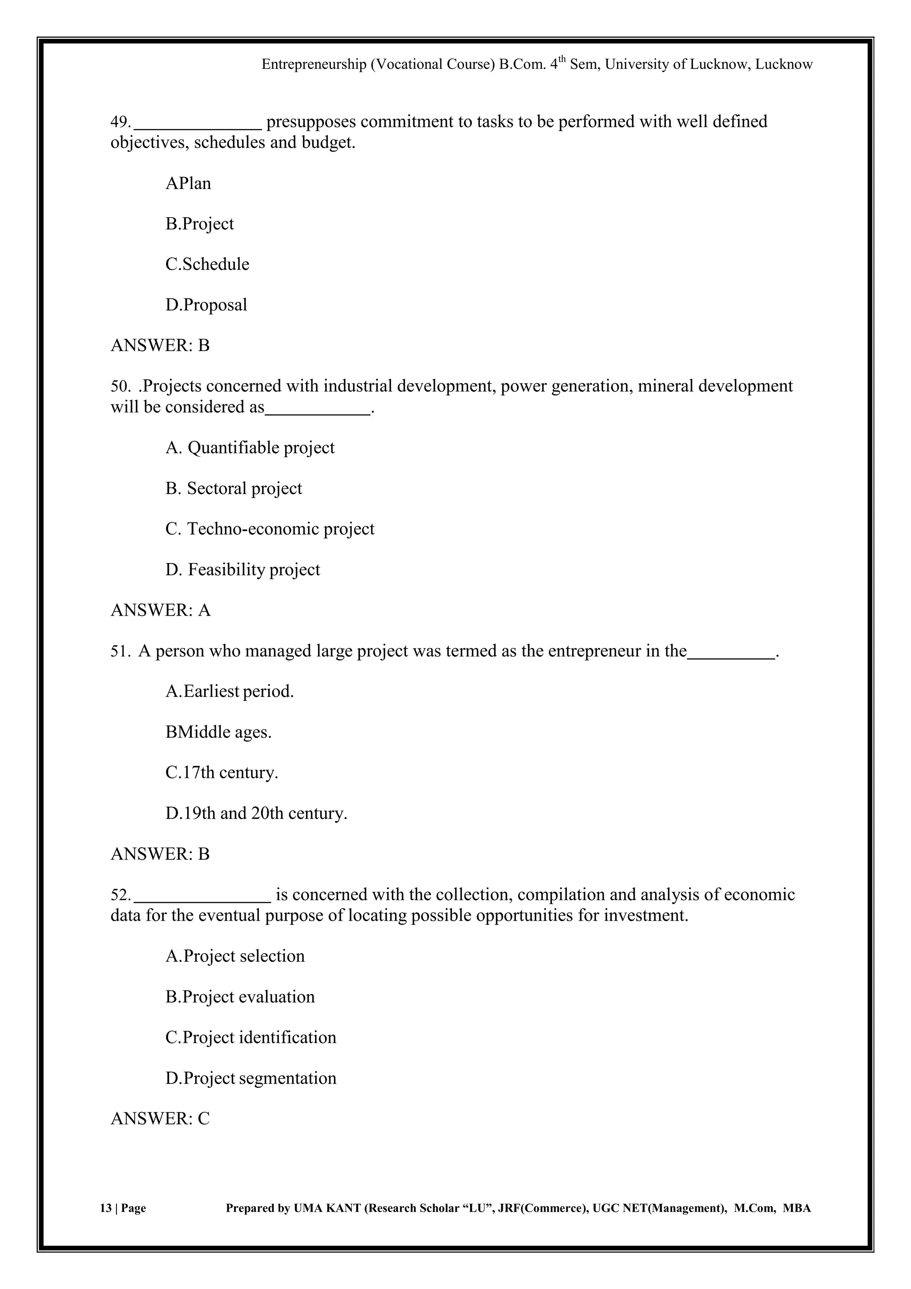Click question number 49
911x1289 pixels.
click(120, 122)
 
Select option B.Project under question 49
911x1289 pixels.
click(199, 224)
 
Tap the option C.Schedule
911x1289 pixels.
click(207, 264)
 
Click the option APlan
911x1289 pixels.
click(188, 184)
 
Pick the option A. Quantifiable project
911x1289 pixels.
click(250, 448)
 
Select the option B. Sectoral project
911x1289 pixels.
click(234, 488)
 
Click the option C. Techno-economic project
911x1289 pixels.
click(270, 529)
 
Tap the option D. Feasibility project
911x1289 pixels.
click(242, 570)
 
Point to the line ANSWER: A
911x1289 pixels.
click(161, 610)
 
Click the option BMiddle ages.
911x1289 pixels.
click(218, 732)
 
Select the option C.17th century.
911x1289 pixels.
click(222, 773)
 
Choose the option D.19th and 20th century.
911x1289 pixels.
click(256, 814)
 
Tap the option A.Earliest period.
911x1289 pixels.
click(230, 692)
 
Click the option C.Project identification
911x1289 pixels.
click(250, 1038)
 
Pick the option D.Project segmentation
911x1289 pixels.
click(250, 1079)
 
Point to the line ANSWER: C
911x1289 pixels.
click(160, 1119)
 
